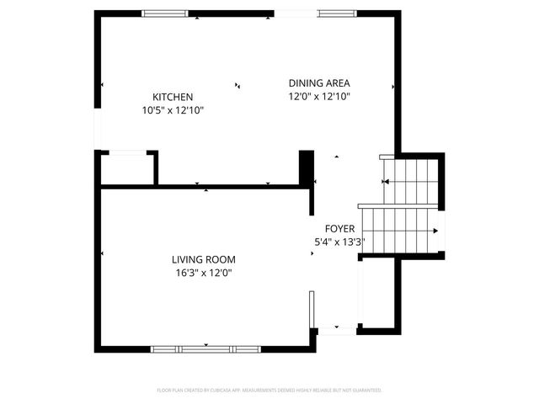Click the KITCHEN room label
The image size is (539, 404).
pyautogui.click(x=173, y=97)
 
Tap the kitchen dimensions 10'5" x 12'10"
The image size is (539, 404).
pyautogui.click(x=173, y=110)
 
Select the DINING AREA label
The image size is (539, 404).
pyautogui.click(x=319, y=83)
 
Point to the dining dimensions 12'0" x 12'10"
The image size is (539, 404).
pyautogui.click(x=319, y=97)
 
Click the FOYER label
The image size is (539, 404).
pyautogui.click(x=341, y=229)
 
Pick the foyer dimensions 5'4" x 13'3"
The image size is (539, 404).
pyautogui.click(x=339, y=242)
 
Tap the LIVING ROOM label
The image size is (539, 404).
pyautogui.click(x=204, y=259)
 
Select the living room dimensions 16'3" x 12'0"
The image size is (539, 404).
pyautogui.click(x=204, y=273)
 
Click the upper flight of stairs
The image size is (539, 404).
pyautogui.click(x=413, y=181)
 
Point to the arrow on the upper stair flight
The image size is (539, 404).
pyautogui.click(x=387, y=181)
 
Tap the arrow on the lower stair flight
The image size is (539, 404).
pyautogui.click(x=435, y=230)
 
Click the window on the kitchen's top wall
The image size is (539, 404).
pyautogui.click(x=165, y=13)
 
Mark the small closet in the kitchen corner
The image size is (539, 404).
pyautogui.click(x=127, y=168)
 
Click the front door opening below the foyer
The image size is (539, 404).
pyautogui.click(x=337, y=331)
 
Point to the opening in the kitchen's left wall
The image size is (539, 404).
pyautogui.click(x=98, y=130)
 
